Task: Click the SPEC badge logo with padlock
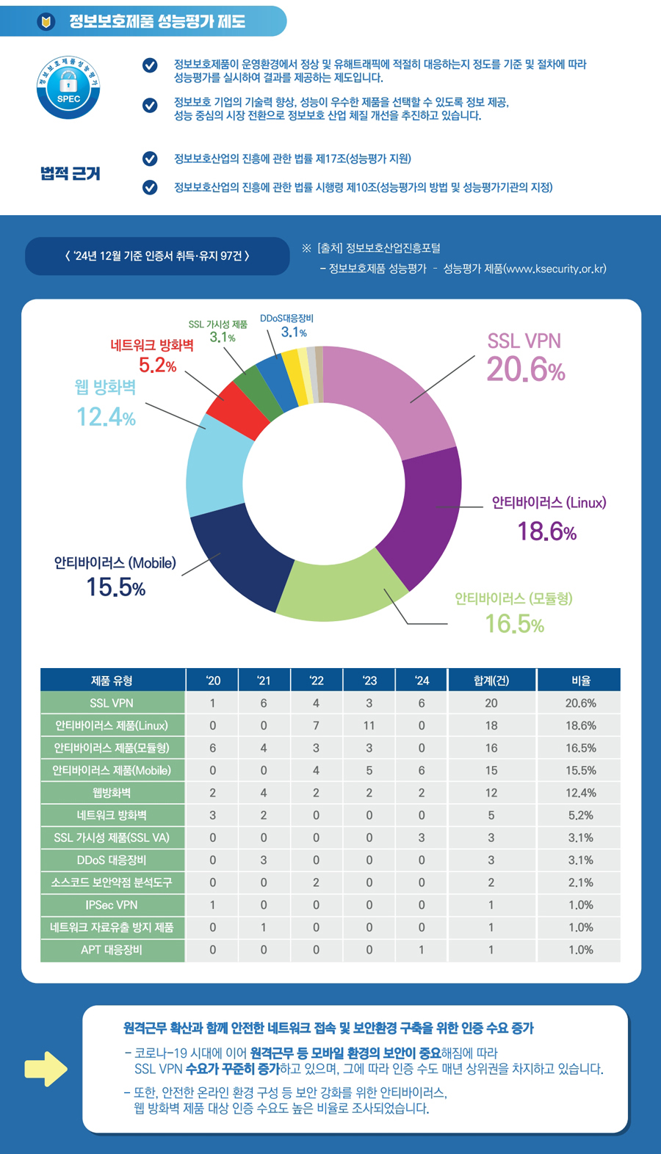point(68,87)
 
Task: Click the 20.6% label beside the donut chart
point(525,369)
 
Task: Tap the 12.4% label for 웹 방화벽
point(106,417)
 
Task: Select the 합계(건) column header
point(491,681)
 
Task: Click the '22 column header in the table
point(317,681)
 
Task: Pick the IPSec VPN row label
point(112,905)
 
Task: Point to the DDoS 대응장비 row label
point(112,860)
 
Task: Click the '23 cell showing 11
point(369,725)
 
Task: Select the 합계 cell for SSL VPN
point(491,703)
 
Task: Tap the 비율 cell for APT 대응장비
point(580,950)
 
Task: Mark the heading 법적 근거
point(70,173)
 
